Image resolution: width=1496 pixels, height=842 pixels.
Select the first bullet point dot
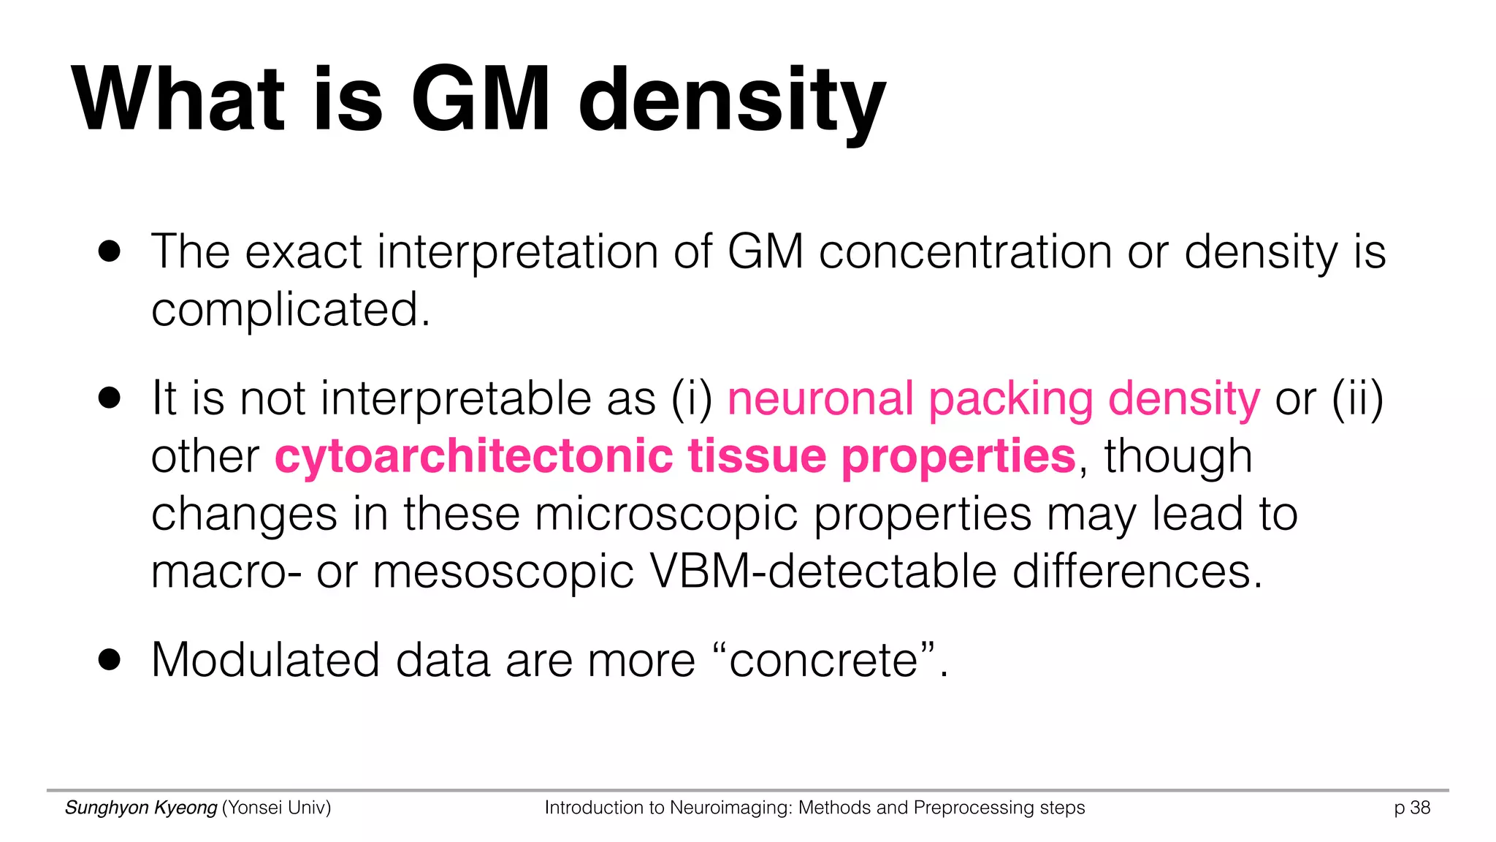click(x=110, y=252)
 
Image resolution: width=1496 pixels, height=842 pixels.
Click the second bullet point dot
click(x=110, y=399)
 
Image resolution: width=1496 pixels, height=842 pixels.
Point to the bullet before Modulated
click(x=110, y=660)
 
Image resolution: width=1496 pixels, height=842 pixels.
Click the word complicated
click(x=290, y=309)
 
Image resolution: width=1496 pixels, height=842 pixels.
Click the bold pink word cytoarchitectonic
click(x=473, y=457)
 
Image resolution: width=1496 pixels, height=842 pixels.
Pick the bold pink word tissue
click(x=756, y=457)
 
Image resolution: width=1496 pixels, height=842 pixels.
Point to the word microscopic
click(x=666, y=515)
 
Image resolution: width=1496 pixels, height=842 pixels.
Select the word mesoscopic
click(x=503, y=573)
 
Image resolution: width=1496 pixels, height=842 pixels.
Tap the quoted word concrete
click(x=823, y=660)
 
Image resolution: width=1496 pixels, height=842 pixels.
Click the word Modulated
click(x=265, y=660)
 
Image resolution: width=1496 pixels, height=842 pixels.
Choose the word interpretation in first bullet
click(x=517, y=252)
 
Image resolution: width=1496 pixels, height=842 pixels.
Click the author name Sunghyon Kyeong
click(x=141, y=808)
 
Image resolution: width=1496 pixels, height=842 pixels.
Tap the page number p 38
click(x=1412, y=808)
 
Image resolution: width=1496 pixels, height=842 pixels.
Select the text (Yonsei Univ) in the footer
click(x=276, y=808)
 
